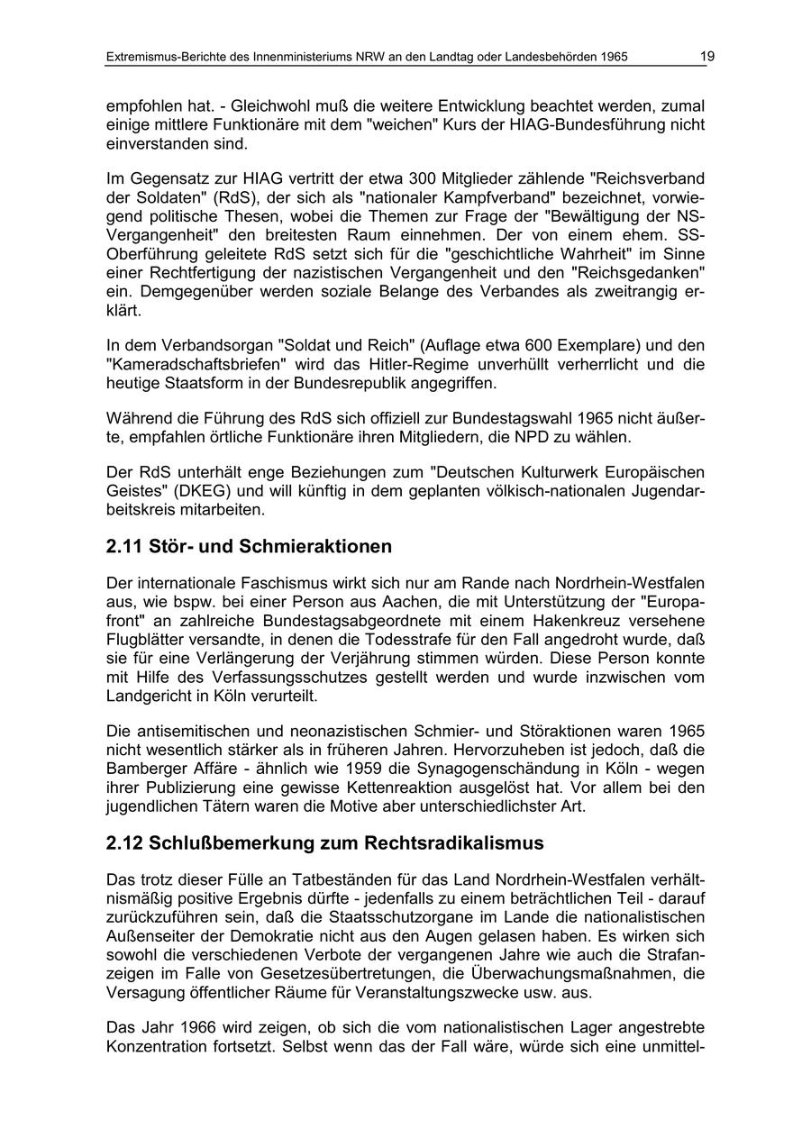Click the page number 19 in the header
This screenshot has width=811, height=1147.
[x=707, y=57]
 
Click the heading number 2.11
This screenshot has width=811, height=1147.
[x=124, y=547]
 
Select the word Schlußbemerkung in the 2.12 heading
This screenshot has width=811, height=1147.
[x=237, y=843]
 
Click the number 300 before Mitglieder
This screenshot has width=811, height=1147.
[x=424, y=178]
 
